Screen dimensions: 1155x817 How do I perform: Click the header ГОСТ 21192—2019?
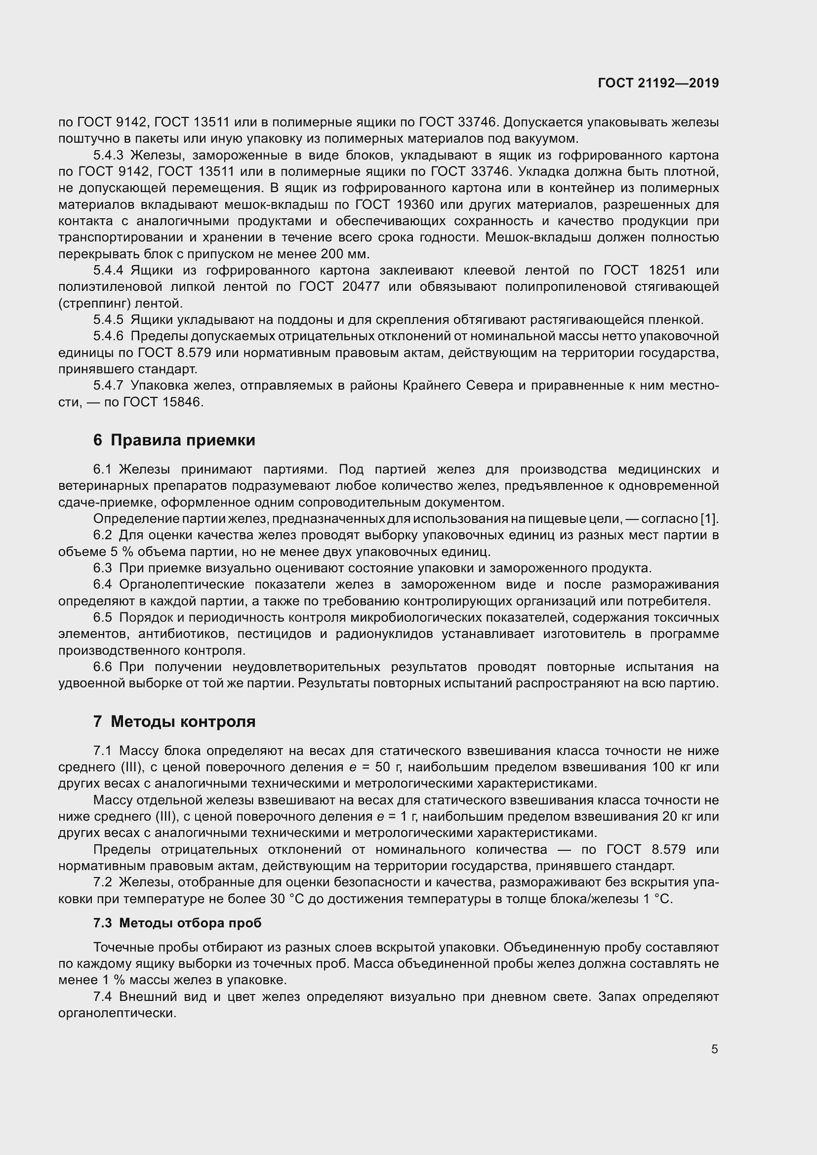[x=658, y=83]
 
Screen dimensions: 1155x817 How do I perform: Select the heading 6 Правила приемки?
[x=174, y=440]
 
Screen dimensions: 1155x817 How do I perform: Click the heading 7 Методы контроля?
[x=174, y=722]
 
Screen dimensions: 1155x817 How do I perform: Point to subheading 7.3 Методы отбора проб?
[x=177, y=923]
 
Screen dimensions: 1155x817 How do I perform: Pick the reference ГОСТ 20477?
[x=339, y=287]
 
